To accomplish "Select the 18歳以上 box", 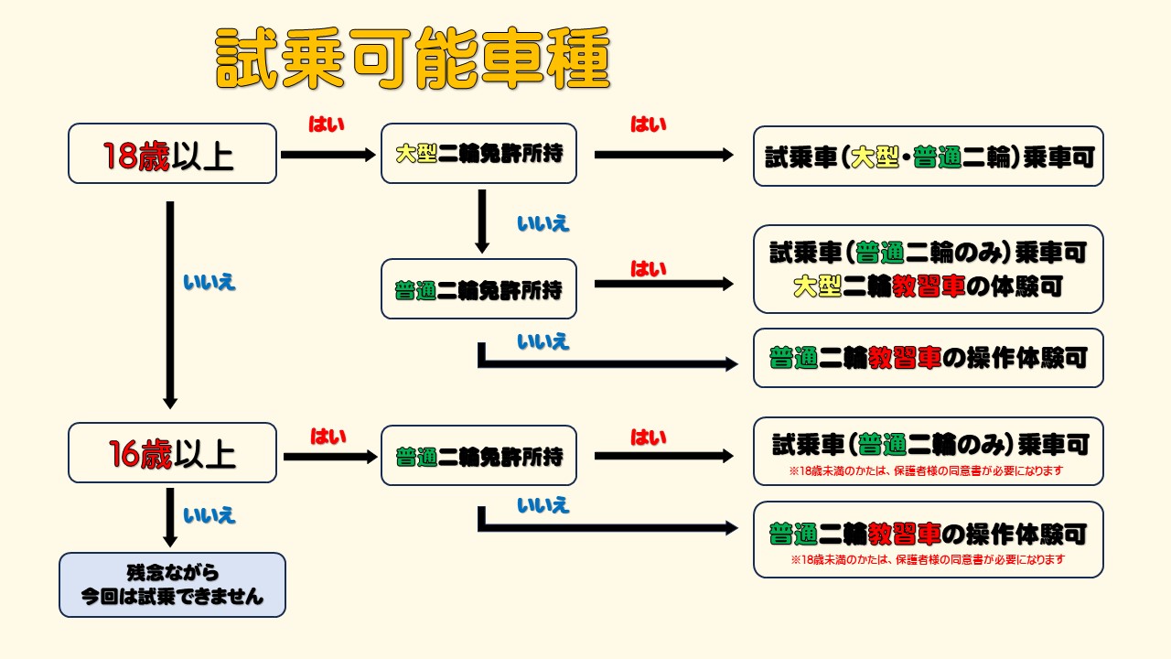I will click(x=172, y=154).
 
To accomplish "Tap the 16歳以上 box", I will click(x=172, y=453).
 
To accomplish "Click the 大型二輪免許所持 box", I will click(x=478, y=154).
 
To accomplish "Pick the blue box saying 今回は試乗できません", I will click(x=172, y=585).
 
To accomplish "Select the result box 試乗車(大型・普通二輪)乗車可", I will click(x=928, y=157).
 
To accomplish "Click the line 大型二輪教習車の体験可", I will click(x=928, y=286).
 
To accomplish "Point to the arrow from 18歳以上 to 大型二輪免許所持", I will click(x=328, y=155).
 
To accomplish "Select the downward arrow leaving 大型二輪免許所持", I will click(x=482, y=221).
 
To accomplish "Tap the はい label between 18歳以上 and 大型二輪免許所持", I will click(x=327, y=124).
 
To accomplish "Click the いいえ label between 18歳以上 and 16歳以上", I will click(x=209, y=282).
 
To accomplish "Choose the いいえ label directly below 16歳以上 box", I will click(x=209, y=515).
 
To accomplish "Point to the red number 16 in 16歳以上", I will click(x=124, y=454).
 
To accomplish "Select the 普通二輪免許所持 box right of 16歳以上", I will click(x=478, y=456).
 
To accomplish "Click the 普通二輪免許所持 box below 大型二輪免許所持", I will click(x=478, y=289).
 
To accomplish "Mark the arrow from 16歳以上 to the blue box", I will click(x=170, y=517).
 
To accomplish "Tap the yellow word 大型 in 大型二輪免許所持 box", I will click(x=416, y=155).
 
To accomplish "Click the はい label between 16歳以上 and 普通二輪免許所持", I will click(x=328, y=437).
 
